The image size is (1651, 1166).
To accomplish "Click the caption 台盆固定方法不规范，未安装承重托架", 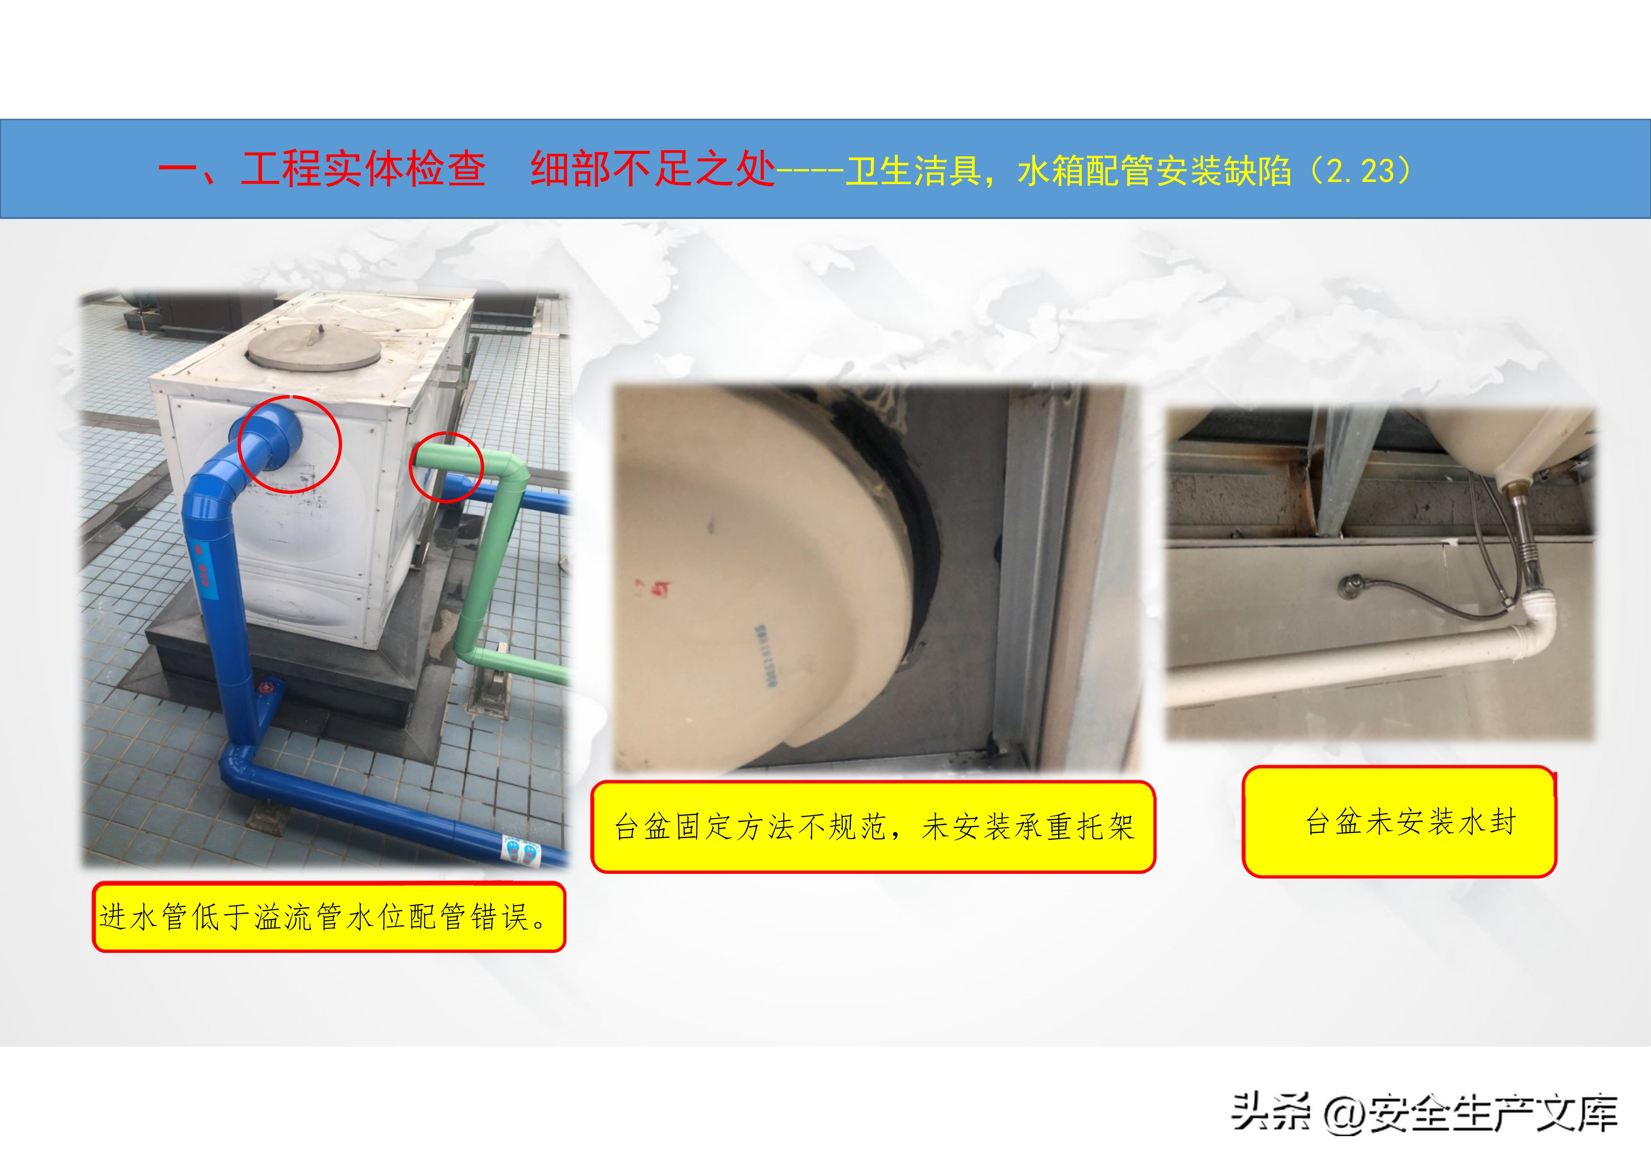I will [x=873, y=827].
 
